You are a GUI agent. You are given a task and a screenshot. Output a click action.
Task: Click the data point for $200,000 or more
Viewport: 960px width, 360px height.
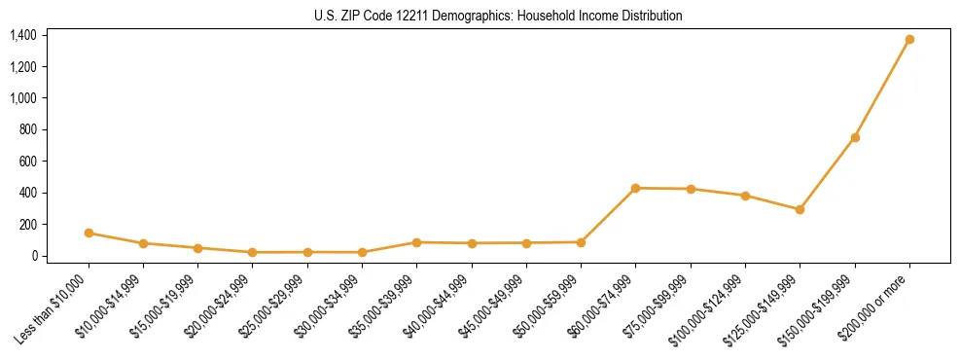pos(909,40)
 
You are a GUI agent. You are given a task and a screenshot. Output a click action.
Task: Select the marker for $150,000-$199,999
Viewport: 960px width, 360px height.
pos(855,138)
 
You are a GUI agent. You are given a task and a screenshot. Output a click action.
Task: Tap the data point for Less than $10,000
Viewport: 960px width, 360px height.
pos(89,233)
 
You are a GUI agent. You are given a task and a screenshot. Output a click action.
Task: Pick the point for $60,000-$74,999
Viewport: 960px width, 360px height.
pos(636,188)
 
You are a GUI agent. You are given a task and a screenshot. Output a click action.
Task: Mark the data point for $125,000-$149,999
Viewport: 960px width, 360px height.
pos(800,209)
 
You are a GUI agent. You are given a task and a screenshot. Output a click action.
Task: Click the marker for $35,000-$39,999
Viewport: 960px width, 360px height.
pos(417,242)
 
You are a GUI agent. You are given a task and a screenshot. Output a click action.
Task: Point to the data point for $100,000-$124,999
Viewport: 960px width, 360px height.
pos(745,196)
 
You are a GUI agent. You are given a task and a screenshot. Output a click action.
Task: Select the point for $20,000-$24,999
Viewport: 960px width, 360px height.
pos(253,252)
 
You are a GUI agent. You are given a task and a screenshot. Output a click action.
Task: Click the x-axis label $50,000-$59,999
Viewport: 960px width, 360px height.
pos(551,306)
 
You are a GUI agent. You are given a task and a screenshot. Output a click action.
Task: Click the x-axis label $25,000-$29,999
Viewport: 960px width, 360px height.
pos(276,306)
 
